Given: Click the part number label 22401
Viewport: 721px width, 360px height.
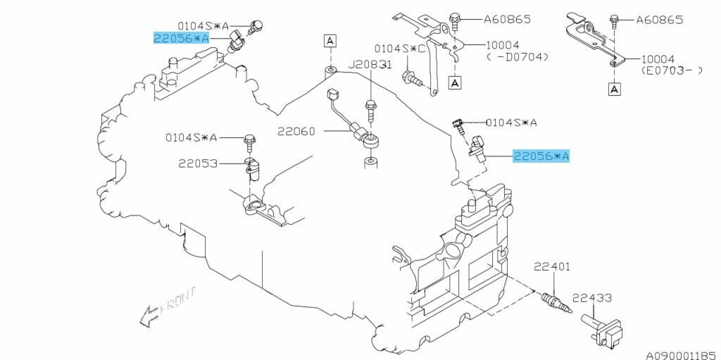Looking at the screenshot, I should [551, 267].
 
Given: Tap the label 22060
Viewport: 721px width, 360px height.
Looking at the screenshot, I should [296, 131].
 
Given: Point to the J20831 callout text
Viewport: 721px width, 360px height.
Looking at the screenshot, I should [371, 64].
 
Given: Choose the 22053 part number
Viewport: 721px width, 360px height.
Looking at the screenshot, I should [197, 163].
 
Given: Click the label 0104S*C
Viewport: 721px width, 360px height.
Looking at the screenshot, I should [400, 49].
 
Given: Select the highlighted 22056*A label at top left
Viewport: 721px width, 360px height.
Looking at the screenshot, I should [182, 38].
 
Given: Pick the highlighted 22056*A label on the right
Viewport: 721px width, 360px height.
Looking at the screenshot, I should [541, 156].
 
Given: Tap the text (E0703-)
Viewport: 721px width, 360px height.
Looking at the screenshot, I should [670, 71].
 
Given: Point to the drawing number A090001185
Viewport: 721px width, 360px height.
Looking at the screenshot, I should [681, 348].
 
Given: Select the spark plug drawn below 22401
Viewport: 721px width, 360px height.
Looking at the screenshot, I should [554, 299].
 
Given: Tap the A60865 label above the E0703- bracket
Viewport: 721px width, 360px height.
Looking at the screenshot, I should [659, 20].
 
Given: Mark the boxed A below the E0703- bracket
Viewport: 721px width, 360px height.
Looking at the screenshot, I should [615, 89].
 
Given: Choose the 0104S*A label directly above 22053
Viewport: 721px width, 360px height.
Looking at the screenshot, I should [192, 137].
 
